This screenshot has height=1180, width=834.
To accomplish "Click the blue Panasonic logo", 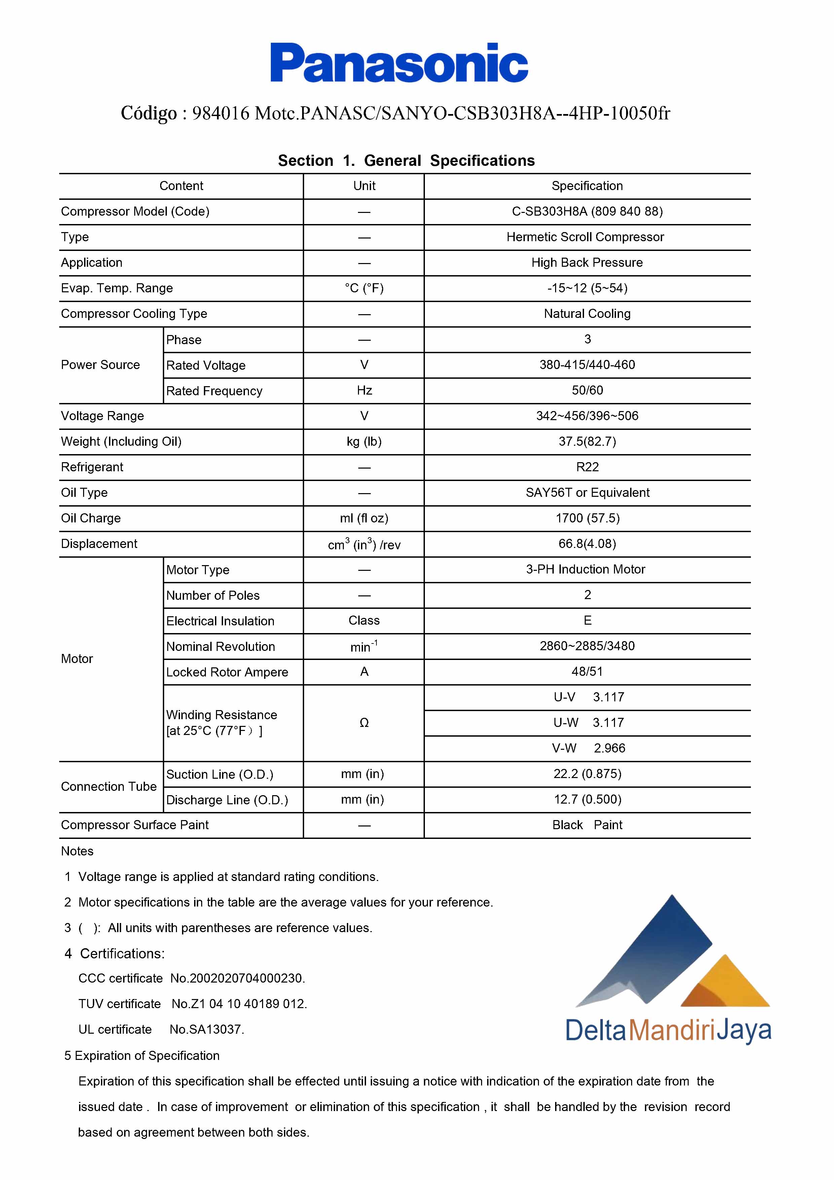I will coord(399,63).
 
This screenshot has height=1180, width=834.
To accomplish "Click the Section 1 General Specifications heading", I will coord(406,160).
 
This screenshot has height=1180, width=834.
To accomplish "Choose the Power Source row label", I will coord(100,365).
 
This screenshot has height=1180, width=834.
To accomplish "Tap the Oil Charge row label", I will coord(91,518).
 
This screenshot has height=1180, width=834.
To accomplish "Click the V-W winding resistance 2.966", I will coord(610,748).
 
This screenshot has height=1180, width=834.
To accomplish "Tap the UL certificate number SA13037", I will coord(207,1029).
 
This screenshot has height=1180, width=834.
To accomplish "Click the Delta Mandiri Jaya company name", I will coord(668,1030).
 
